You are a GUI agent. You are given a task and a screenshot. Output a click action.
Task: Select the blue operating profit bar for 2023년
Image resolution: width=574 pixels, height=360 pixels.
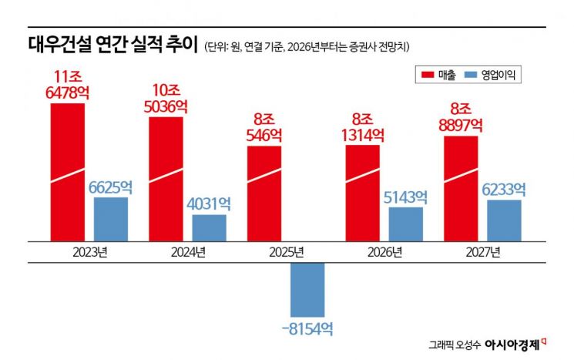coord(111,219)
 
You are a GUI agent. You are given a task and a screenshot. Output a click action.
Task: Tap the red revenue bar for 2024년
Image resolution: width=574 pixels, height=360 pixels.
coord(166,178)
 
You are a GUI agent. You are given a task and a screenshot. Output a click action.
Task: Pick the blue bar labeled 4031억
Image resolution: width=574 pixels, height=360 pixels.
coord(209,227)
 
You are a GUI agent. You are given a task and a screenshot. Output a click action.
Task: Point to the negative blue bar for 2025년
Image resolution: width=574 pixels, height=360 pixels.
coord(307,289)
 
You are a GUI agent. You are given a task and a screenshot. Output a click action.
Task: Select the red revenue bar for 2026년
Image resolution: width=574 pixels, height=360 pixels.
coord(362,192)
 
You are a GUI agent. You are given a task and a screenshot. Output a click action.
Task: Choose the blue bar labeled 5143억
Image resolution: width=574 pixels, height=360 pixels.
coord(405,224)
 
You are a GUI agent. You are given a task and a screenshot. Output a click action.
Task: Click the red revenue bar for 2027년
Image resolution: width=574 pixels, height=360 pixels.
coord(461,188)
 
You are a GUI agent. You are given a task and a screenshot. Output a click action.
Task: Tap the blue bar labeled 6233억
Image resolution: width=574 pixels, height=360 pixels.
coord(504,220)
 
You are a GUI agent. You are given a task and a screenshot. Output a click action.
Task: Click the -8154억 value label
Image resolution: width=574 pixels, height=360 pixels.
coord(307,328)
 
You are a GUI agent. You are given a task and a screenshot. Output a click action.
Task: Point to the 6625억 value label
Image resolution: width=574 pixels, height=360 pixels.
coord(111,187)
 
